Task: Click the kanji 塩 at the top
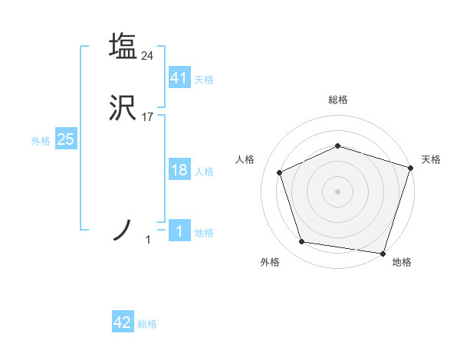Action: tap(123, 46)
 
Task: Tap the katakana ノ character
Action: tap(123, 231)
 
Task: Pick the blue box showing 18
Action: tap(179, 170)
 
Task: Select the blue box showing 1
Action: tap(179, 231)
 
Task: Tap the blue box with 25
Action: tap(66, 139)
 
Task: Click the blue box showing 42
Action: tap(123, 322)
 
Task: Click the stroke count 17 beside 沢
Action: tap(148, 118)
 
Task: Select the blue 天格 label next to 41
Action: tap(204, 80)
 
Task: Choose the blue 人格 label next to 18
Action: tap(204, 172)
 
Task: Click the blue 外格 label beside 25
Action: tap(41, 141)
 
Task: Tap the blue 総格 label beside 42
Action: tap(147, 324)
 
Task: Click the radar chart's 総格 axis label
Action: tap(338, 100)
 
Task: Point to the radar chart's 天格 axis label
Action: tap(432, 159)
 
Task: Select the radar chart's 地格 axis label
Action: tap(402, 262)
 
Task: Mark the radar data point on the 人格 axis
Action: tap(280, 172)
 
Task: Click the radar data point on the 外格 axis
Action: tap(302, 242)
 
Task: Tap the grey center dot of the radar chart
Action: tap(338, 191)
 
